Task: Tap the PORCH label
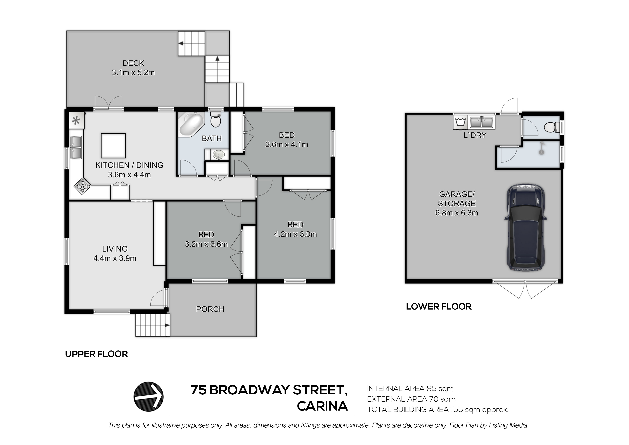click(x=210, y=309)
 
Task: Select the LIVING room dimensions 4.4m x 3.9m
click(x=115, y=258)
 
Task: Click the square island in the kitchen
click(x=113, y=146)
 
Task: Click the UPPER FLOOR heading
click(x=96, y=354)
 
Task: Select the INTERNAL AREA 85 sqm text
click(x=410, y=388)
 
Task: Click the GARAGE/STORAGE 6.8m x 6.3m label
click(x=457, y=203)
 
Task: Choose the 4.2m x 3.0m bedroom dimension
click(x=295, y=234)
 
